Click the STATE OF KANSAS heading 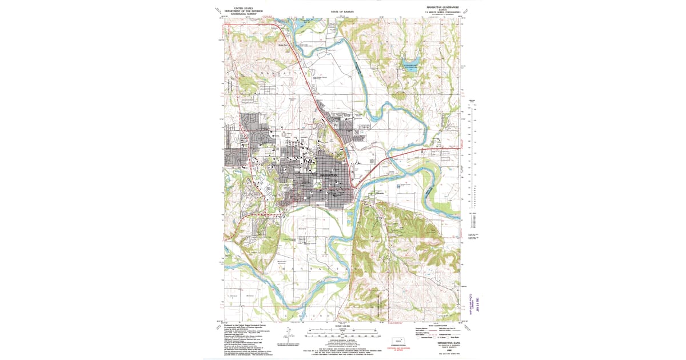343,11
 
